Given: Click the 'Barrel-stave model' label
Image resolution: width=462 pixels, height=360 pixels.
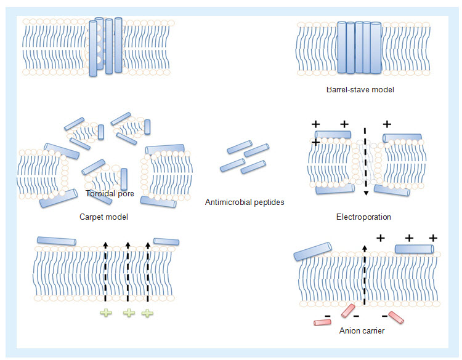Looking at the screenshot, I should click(x=360, y=90).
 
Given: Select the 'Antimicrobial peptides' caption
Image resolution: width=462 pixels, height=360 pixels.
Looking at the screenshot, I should click(x=245, y=201).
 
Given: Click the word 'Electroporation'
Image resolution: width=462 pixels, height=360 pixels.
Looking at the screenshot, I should click(x=363, y=217).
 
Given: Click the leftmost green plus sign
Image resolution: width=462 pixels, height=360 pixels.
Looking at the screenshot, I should click(x=107, y=313).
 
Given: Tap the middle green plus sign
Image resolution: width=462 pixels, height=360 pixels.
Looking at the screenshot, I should click(x=129, y=313).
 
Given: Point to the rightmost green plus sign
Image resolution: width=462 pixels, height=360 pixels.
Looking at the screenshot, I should click(x=147, y=313).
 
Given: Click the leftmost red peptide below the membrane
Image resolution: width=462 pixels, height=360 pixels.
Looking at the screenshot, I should click(x=322, y=321).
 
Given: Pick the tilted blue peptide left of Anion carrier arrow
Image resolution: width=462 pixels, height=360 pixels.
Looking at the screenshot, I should click(x=312, y=249).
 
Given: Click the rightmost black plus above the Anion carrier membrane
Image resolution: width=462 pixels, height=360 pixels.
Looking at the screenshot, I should click(x=432, y=238).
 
